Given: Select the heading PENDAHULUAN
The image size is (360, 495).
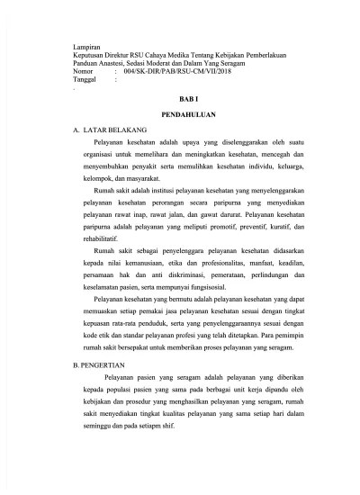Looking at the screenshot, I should click(x=180, y=117).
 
